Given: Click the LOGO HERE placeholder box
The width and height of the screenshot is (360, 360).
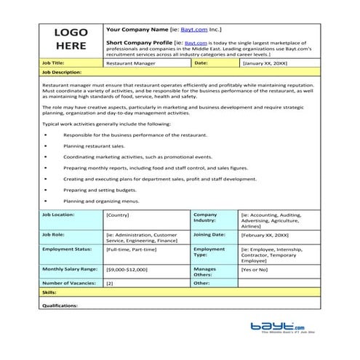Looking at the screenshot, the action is pyautogui.click(x=71, y=39).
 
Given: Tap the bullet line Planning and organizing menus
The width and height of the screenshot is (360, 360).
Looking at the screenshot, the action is pyautogui.click(x=101, y=200).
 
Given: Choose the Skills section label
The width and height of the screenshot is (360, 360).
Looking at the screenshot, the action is pyautogui.click(x=48, y=292).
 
